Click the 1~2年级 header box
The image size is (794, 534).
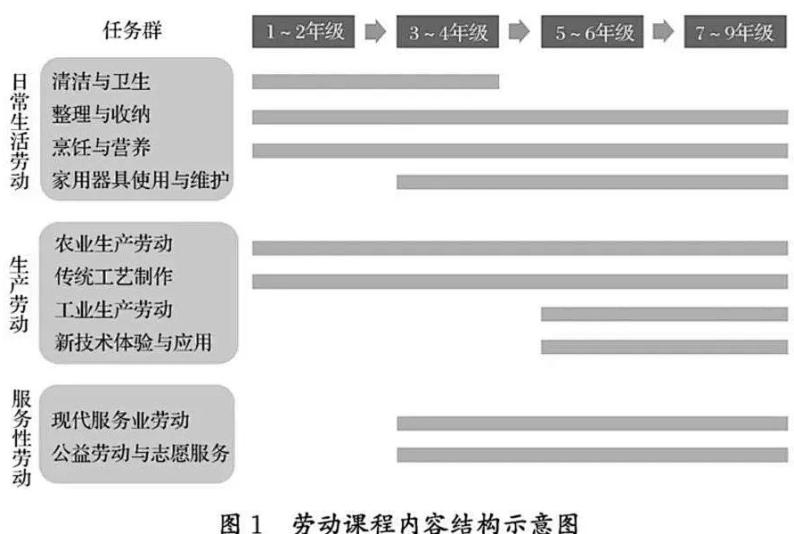point(303,31)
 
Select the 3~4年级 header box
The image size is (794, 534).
point(447,31)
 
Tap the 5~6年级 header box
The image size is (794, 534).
point(592,31)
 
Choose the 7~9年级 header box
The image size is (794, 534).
point(735,31)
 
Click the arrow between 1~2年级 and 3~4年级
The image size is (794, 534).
point(375,31)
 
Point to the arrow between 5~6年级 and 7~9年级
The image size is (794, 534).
point(663,31)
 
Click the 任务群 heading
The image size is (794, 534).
point(132,30)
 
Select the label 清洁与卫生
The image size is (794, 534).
point(101,81)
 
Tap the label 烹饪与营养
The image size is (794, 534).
point(101,147)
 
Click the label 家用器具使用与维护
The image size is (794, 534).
point(140,180)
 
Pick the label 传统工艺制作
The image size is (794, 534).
point(114,276)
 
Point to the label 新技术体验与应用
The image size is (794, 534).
point(133,342)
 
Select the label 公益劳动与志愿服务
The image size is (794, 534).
point(140,453)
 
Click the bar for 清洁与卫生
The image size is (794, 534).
point(376,81)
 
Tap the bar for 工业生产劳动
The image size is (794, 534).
point(665,314)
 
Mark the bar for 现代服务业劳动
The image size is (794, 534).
point(593,423)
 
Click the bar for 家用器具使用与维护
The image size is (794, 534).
point(593,182)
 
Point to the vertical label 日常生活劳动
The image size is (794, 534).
point(20,131)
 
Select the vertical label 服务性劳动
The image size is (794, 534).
point(21,438)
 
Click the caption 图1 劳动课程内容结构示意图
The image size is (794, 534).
point(399,523)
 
